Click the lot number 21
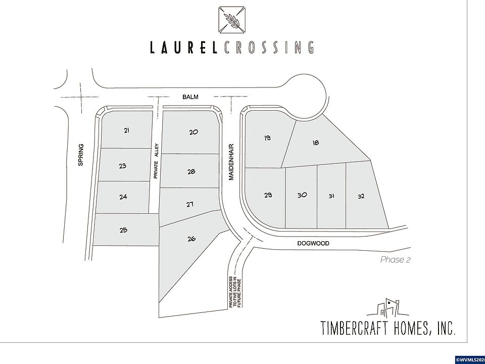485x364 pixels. tap(126, 130)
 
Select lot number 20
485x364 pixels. tap(193, 132)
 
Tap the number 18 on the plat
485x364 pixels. tap(315, 143)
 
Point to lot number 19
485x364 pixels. tap(268, 138)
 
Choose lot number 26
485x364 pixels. tap(191, 239)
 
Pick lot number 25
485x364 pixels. tap(123, 230)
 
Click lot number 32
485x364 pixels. tap(361, 196)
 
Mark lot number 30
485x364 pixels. tap(302, 195)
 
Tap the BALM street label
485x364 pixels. tap(190, 97)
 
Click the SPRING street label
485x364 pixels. tap(81, 155)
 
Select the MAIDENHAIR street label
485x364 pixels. tap(231, 162)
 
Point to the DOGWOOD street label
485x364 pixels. tap(313, 243)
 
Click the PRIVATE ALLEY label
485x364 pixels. tap(156, 161)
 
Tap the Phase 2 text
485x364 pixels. tap(395, 260)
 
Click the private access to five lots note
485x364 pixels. tap(235, 292)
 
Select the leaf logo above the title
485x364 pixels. tap(232, 20)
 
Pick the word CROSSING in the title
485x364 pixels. tap(268, 48)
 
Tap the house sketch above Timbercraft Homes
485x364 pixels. tap(388, 307)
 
